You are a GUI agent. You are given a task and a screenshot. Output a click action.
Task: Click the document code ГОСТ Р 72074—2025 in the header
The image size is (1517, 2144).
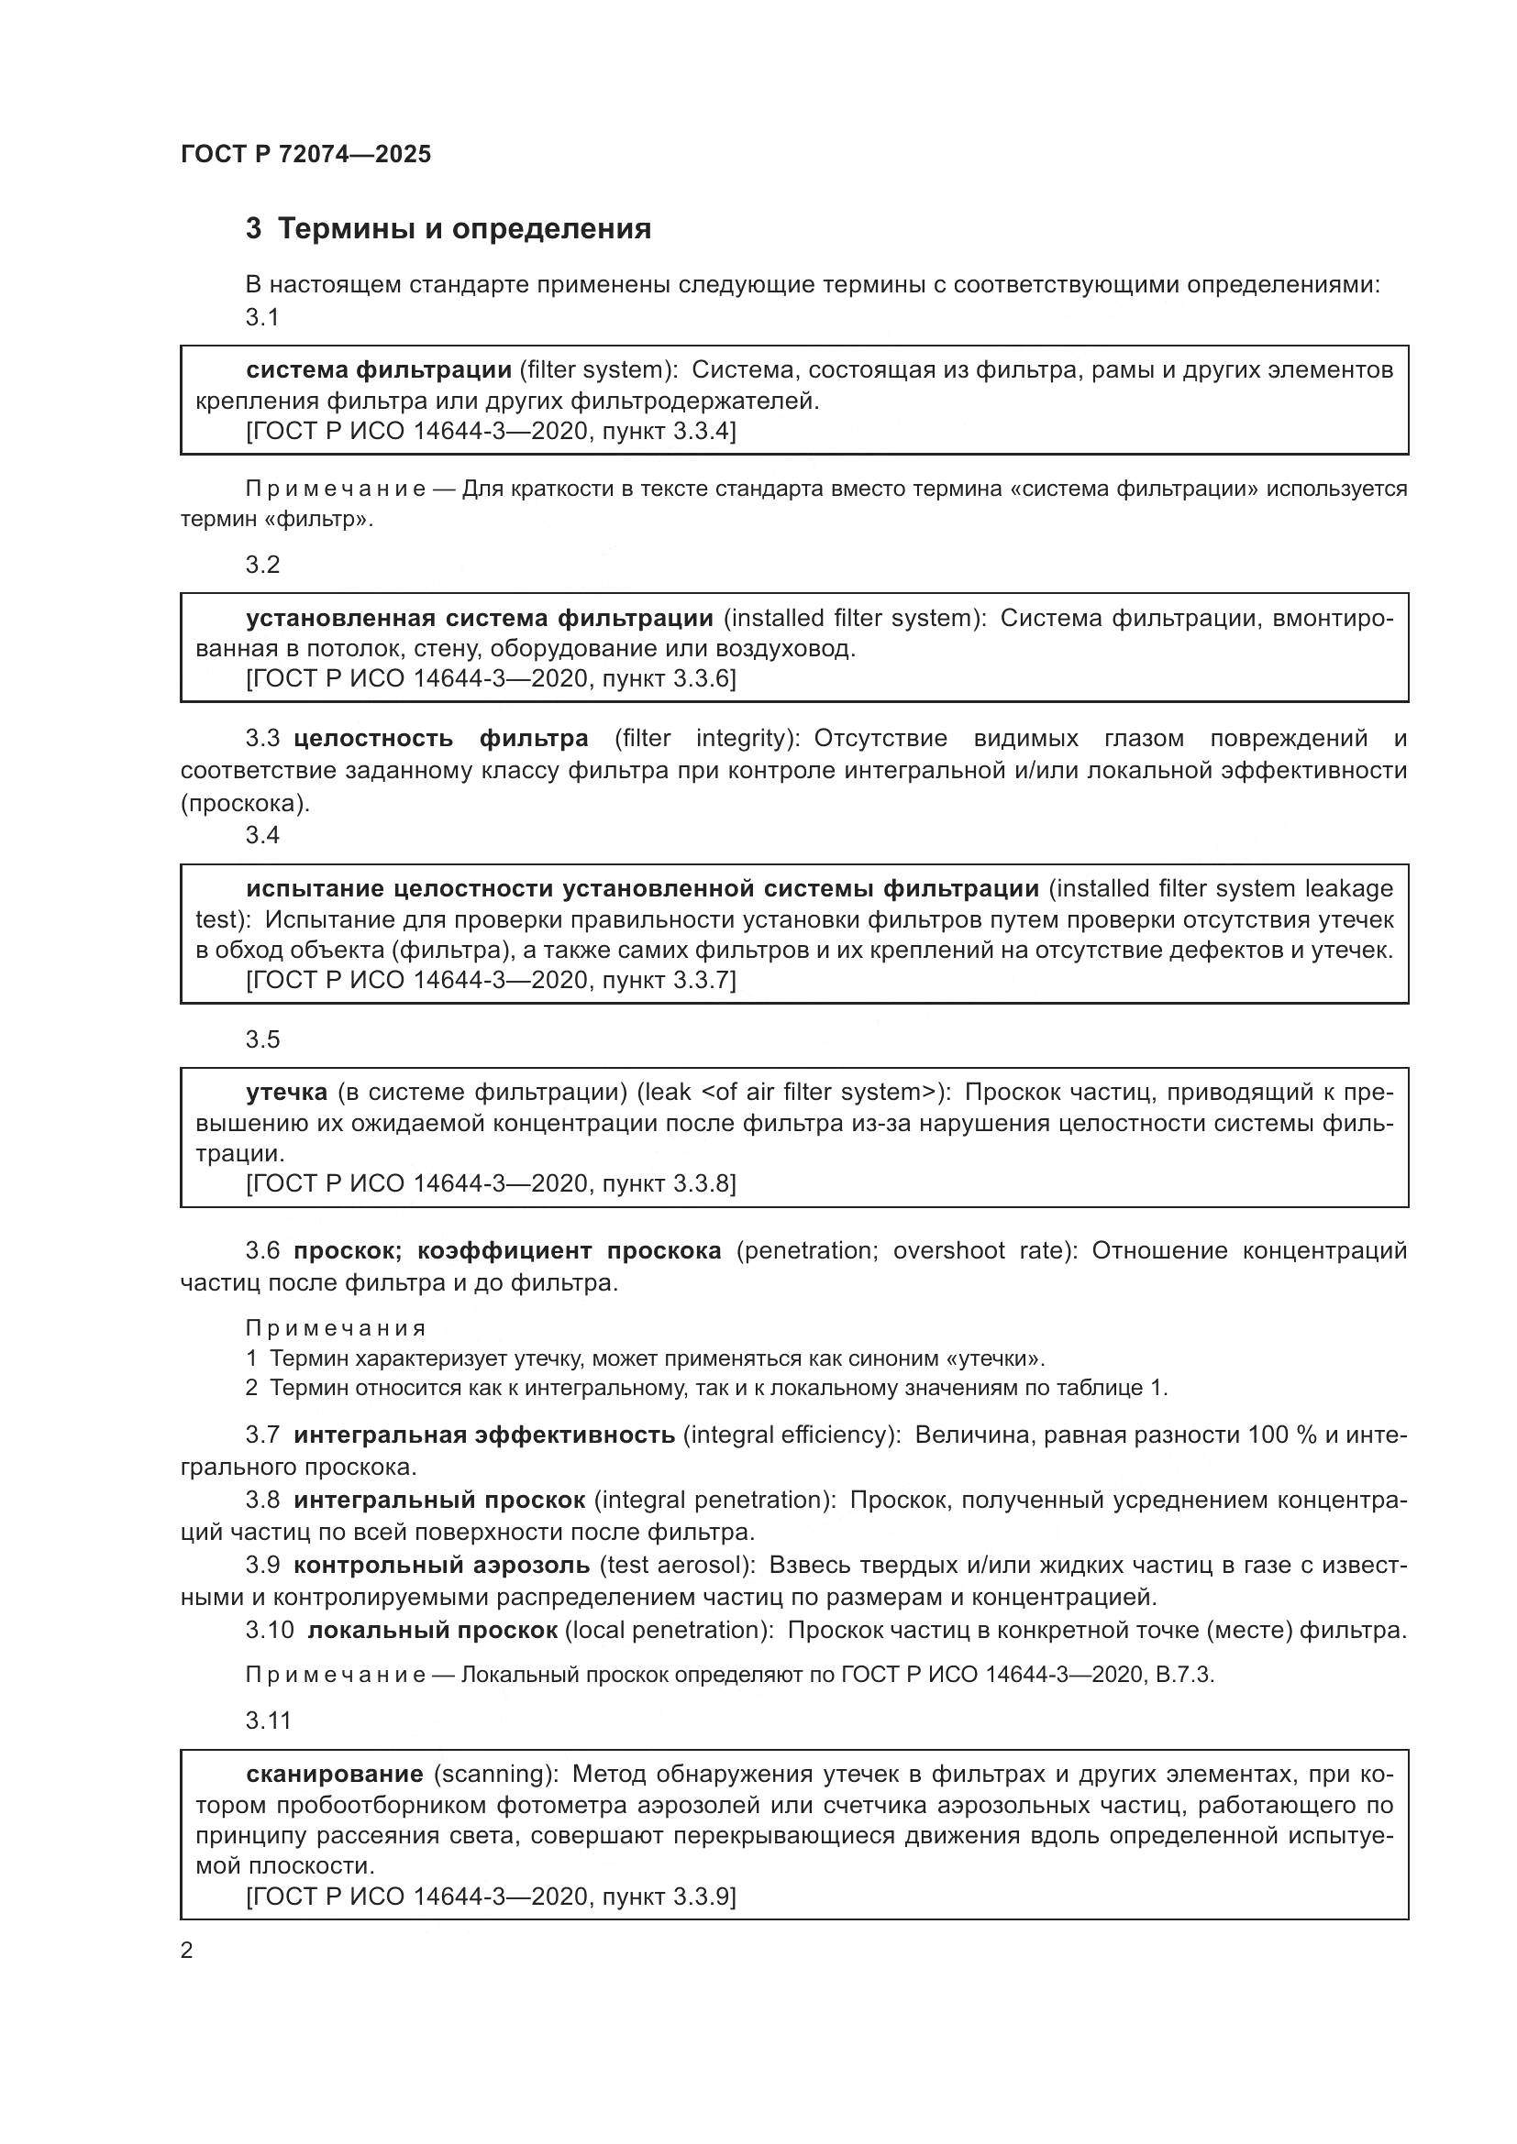(305, 154)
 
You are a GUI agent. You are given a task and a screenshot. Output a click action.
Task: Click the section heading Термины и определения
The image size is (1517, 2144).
(464, 229)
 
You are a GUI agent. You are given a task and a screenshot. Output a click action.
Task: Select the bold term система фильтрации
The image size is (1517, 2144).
(378, 369)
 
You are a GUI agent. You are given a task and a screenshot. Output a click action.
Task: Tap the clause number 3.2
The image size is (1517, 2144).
(262, 564)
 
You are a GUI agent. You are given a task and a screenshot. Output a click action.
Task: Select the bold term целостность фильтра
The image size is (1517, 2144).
(440, 739)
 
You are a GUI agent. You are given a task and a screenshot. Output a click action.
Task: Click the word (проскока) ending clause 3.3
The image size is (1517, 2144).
(245, 803)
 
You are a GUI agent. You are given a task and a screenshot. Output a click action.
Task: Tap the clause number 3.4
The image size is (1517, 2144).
(262, 835)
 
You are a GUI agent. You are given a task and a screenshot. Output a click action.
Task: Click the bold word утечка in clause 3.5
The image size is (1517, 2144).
(287, 1092)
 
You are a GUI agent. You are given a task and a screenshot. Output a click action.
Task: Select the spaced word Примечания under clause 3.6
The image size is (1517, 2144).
(336, 1328)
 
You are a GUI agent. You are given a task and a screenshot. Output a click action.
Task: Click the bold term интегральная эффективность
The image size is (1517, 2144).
(484, 1435)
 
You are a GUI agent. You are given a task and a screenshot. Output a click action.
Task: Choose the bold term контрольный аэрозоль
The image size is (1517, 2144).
(441, 1564)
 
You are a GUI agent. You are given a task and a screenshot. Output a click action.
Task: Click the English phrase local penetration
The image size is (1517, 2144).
(669, 1630)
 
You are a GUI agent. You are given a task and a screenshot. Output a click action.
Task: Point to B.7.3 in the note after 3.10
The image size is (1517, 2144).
(1183, 1675)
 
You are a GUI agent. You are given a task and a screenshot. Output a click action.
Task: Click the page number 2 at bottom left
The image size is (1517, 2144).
(187, 1951)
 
